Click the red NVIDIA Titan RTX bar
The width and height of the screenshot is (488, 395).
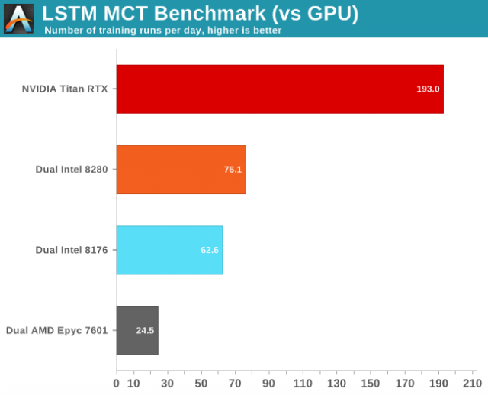click(280, 89)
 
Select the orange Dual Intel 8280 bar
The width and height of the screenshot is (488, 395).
click(181, 169)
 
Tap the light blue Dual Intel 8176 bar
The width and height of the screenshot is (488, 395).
click(169, 250)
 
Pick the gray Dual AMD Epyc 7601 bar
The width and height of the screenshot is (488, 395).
click(137, 330)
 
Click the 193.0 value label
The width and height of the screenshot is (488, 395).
click(428, 89)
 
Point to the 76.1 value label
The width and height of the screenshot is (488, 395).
click(233, 169)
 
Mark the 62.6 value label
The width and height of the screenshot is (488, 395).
click(210, 250)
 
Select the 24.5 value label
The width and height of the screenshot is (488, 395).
click(145, 330)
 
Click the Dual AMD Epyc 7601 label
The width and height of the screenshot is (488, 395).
click(57, 330)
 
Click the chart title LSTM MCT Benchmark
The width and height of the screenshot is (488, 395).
click(200, 14)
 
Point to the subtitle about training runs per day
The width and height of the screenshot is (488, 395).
click(162, 31)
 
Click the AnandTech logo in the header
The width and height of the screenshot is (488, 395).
click(19, 18)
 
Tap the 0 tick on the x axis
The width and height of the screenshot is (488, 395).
click(117, 383)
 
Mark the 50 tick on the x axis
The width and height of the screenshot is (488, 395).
click(201, 383)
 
